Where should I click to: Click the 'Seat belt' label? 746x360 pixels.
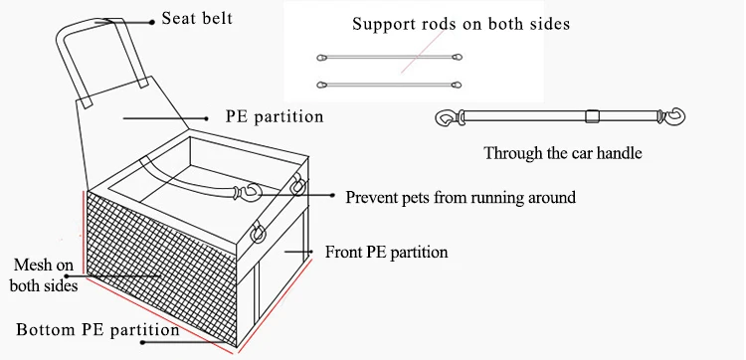197,18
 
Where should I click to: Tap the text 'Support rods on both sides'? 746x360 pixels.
461,24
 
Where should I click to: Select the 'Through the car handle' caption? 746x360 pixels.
563,153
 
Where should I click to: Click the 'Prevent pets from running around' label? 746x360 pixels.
461,197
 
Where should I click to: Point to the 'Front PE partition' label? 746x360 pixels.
386,252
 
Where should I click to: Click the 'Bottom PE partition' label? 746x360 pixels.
97,329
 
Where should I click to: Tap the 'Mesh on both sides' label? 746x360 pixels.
44,274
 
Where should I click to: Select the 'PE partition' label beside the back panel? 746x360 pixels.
275,117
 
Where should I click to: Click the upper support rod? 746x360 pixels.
389,58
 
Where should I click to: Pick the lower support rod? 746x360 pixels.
389,86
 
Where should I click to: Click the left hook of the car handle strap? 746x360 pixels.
447,117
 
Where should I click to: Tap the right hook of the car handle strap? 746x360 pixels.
674,116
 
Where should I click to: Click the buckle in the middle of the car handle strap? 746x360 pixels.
592,116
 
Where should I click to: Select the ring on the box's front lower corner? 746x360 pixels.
258,232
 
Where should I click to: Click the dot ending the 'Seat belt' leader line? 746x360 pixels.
152,22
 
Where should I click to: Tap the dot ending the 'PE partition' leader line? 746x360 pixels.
206,118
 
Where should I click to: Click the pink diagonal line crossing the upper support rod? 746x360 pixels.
422,52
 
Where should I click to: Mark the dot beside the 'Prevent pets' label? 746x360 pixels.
332,195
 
